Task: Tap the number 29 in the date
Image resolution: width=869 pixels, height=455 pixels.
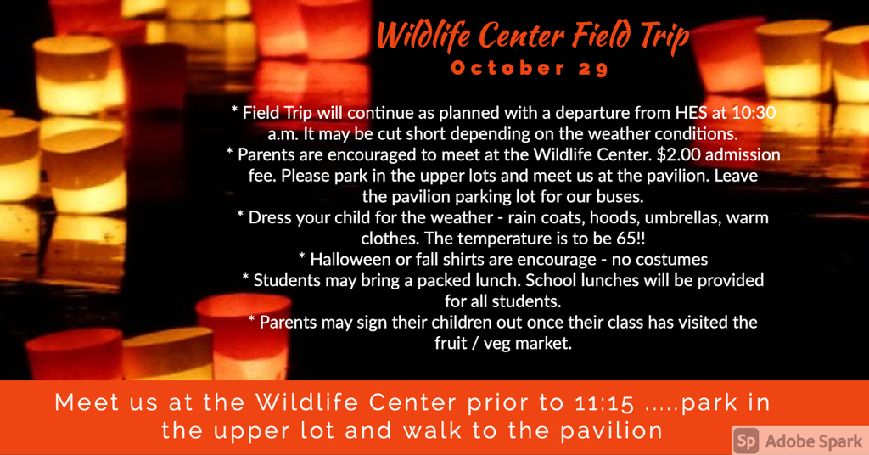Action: [x=593, y=68]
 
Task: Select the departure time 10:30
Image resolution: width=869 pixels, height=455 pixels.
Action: [x=754, y=113]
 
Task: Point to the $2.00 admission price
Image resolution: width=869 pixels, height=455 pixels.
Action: [x=680, y=154]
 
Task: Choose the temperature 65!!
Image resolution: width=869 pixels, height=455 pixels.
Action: [x=631, y=239]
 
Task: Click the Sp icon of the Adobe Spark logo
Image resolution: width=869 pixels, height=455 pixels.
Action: [x=746, y=441]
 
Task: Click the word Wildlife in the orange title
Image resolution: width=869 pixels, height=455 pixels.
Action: [x=425, y=35]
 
